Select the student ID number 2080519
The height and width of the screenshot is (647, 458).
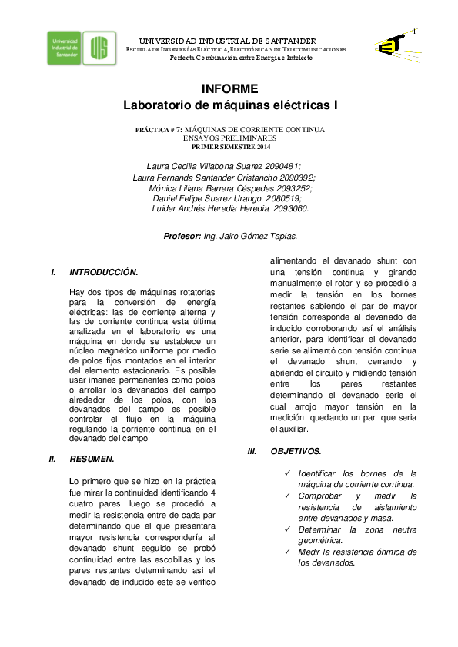(282, 197)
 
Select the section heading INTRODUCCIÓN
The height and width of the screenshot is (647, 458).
(103, 272)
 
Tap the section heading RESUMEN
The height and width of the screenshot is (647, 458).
(92, 459)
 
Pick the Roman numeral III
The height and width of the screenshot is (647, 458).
(252, 451)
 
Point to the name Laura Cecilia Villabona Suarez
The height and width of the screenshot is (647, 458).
(202, 166)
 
